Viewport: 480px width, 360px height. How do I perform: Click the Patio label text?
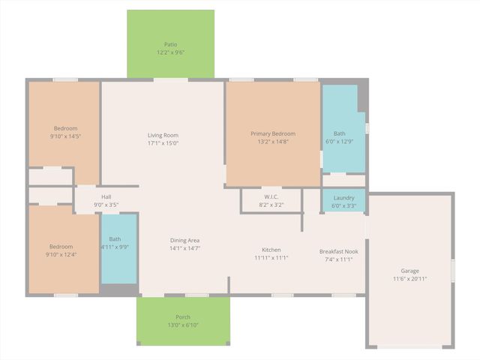pyautogui.click(x=170, y=44)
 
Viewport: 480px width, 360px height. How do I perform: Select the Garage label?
pyautogui.click(x=409, y=271)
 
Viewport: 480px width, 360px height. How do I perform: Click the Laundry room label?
pyautogui.click(x=343, y=197)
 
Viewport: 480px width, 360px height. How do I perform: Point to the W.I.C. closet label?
pyautogui.click(x=271, y=197)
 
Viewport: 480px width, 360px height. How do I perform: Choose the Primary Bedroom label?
pyautogui.click(x=273, y=133)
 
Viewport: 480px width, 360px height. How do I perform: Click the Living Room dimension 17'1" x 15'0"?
pyautogui.click(x=163, y=143)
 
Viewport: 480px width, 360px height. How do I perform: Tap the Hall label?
pyautogui.click(x=106, y=197)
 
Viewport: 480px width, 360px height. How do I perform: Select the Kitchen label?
pyautogui.click(x=271, y=250)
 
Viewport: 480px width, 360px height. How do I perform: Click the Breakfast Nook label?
pyautogui.click(x=338, y=251)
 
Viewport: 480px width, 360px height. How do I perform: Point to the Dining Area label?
pyautogui.click(x=184, y=240)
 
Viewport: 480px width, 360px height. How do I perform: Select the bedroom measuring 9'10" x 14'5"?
pyautogui.click(x=64, y=132)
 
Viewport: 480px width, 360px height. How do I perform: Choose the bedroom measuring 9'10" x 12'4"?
pyautogui.click(x=61, y=250)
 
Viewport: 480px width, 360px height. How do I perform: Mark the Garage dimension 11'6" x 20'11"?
pyautogui.click(x=409, y=279)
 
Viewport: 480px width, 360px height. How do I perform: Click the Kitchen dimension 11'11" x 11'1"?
pyautogui.click(x=271, y=258)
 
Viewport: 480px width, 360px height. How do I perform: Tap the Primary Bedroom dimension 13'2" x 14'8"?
pyautogui.click(x=273, y=142)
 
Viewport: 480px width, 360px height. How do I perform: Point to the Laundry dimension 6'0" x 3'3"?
pyautogui.click(x=343, y=205)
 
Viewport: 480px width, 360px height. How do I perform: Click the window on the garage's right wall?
pyautogui.click(x=453, y=269)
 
